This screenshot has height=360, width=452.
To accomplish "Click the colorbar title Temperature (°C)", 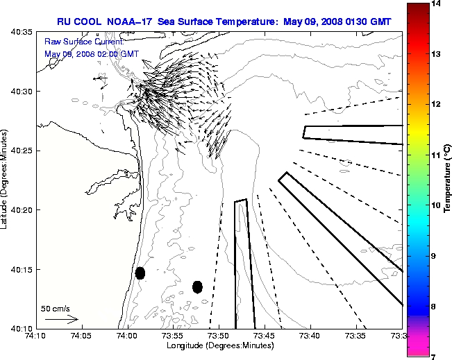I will tap(448, 180).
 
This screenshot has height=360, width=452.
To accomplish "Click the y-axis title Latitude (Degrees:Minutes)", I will tap(6, 180).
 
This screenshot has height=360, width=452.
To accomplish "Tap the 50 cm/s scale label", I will tap(56, 309).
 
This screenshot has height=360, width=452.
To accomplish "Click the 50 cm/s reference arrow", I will tap(61, 320).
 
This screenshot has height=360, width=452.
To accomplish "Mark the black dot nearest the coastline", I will tap(140, 273).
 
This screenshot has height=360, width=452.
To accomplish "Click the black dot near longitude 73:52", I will tap(197, 286).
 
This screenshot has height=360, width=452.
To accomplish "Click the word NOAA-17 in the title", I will tap(130, 22).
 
